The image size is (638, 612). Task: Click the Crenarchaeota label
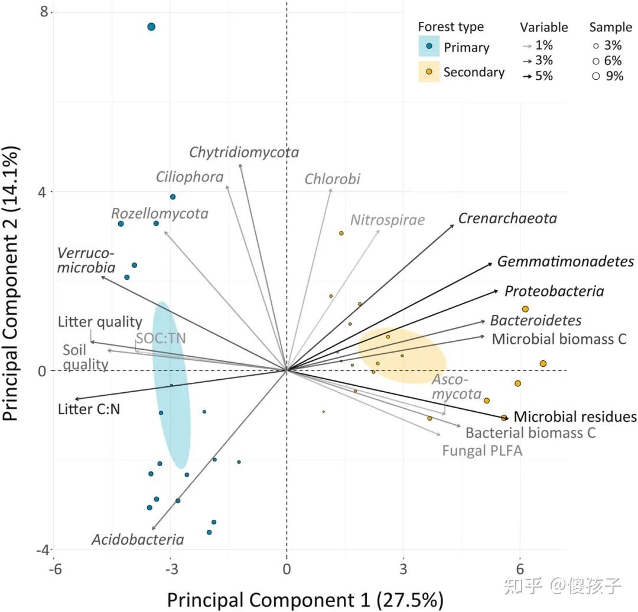click(x=507, y=219)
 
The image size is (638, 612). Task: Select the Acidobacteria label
click(x=138, y=539)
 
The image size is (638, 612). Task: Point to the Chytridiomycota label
click(x=244, y=152)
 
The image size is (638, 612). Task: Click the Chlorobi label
click(x=333, y=179)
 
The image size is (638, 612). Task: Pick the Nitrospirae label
click(x=388, y=220)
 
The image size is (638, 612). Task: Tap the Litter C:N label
click(x=89, y=408)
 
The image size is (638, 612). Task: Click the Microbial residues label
click(x=575, y=417)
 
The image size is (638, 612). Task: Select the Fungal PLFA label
click(x=482, y=451)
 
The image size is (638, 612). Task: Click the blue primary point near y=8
click(x=151, y=27)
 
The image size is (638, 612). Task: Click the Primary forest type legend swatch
click(x=429, y=47)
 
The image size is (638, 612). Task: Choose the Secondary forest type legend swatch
click(x=429, y=71)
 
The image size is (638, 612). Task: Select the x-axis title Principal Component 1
click(x=305, y=600)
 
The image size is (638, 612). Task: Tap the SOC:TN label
click(x=161, y=338)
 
